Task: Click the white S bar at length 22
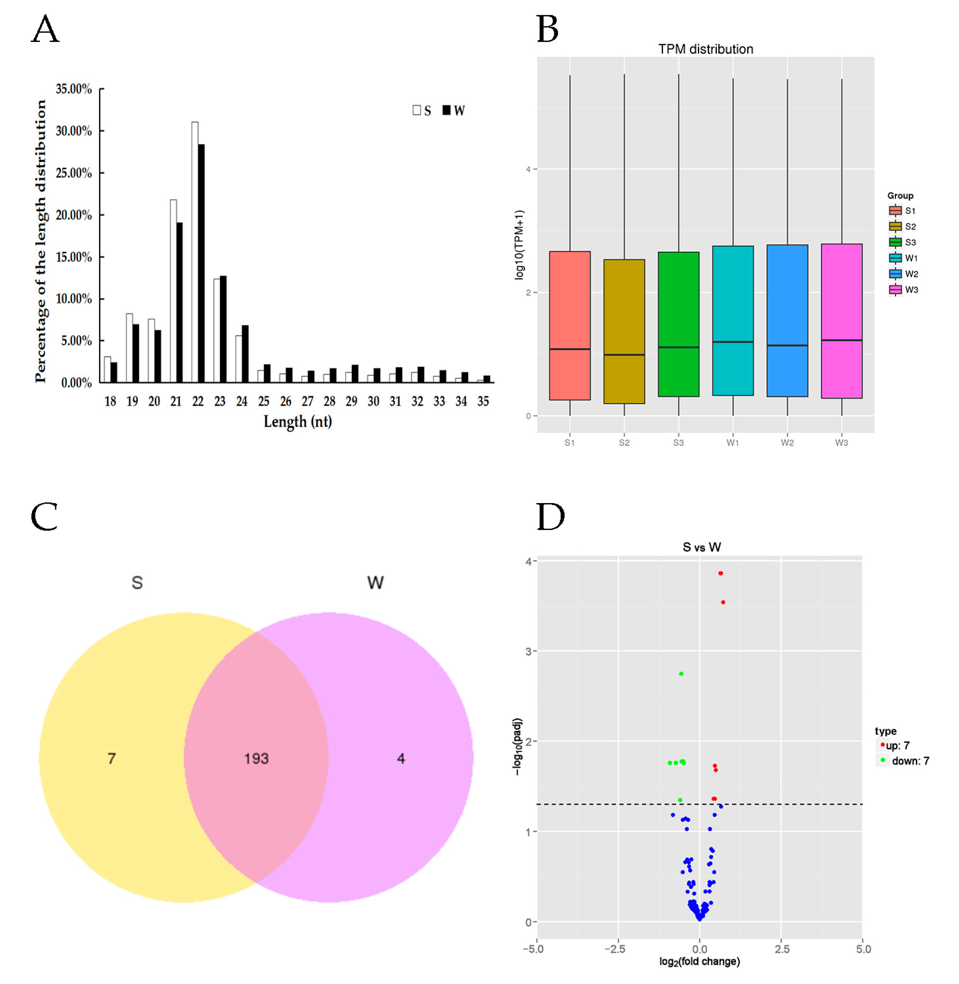(195, 252)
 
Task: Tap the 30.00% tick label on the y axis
(74, 131)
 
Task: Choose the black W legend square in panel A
(446, 110)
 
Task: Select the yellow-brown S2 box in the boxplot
(624, 331)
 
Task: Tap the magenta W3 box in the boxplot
(841, 321)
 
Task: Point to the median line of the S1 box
(569, 349)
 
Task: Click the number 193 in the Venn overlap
(257, 758)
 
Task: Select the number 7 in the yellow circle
(112, 758)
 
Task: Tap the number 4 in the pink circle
(401, 758)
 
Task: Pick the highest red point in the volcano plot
(721, 573)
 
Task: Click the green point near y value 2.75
(682, 674)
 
